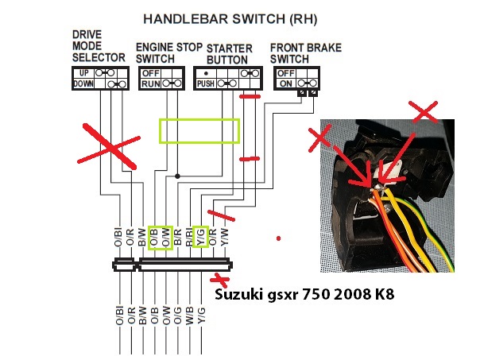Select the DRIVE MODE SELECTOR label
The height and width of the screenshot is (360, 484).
[x=99, y=46]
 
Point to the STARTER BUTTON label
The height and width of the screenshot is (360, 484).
[x=227, y=53]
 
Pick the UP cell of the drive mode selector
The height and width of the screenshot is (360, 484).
[x=82, y=72]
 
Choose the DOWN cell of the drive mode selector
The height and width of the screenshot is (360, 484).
[x=83, y=83]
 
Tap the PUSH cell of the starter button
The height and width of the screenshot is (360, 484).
[x=206, y=83]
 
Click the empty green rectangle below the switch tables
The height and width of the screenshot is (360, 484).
[x=199, y=131]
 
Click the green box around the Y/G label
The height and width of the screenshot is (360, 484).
[x=201, y=237]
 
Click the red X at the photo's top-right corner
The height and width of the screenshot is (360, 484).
[x=426, y=111]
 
